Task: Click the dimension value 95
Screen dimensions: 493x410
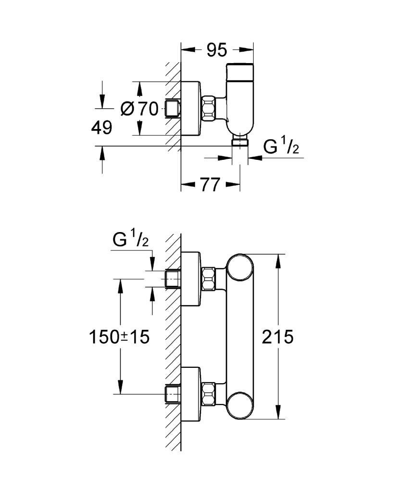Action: (x=217, y=50)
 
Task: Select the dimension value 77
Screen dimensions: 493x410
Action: (x=210, y=184)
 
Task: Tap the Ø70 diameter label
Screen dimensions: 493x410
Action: (x=140, y=109)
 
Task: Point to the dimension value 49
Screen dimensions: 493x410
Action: (x=101, y=128)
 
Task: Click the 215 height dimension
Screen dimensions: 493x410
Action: (x=277, y=337)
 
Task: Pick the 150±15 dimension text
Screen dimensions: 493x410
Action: (x=119, y=337)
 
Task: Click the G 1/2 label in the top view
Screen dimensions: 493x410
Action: (x=281, y=145)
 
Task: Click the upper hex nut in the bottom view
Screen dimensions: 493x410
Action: (x=209, y=278)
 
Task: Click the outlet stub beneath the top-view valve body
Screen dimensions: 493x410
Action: (x=240, y=142)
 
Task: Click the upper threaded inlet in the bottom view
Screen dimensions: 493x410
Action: (x=172, y=279)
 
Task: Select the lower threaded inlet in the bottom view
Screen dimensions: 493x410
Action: (x=172, y=394)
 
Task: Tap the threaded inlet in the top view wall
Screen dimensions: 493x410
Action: (x=172, y=109)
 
